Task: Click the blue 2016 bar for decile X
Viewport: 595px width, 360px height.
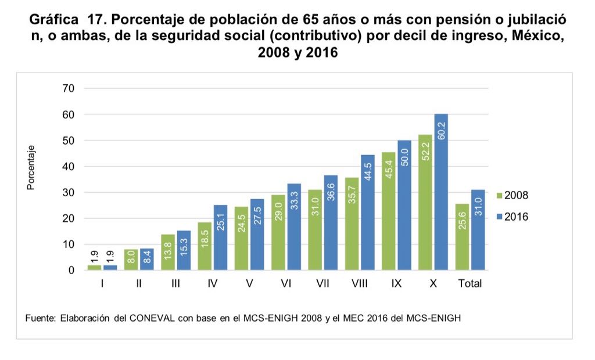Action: pyautogui.click(x=440, y=192)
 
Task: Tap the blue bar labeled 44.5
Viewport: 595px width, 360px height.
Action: pyautogui.click(x=367, y=212)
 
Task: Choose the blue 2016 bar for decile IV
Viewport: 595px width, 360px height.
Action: pyautogui.click(x=220, y=237)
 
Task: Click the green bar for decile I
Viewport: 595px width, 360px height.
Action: pyautogui.click(x=94, y=268)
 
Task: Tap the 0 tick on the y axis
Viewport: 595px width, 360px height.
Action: pyautogui.click(x=71, y=271)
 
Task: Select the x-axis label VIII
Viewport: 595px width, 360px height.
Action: pyautogui.click(x=360, y=285)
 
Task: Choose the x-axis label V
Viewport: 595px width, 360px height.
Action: pyautogui.click(x=249, y=285)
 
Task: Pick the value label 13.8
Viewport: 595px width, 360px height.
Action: pyautogui.click(x=168, y=254)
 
